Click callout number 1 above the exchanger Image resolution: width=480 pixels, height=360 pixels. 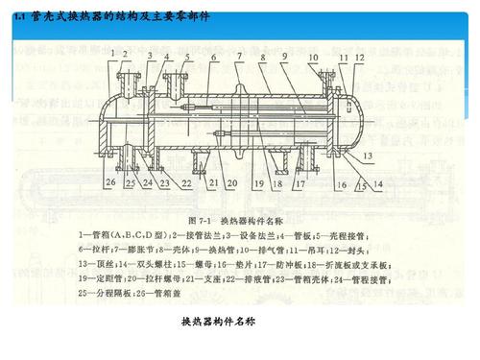(113, 51)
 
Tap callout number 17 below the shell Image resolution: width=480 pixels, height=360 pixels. (300, 182)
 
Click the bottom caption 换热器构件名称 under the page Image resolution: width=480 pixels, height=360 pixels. (220, 321)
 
